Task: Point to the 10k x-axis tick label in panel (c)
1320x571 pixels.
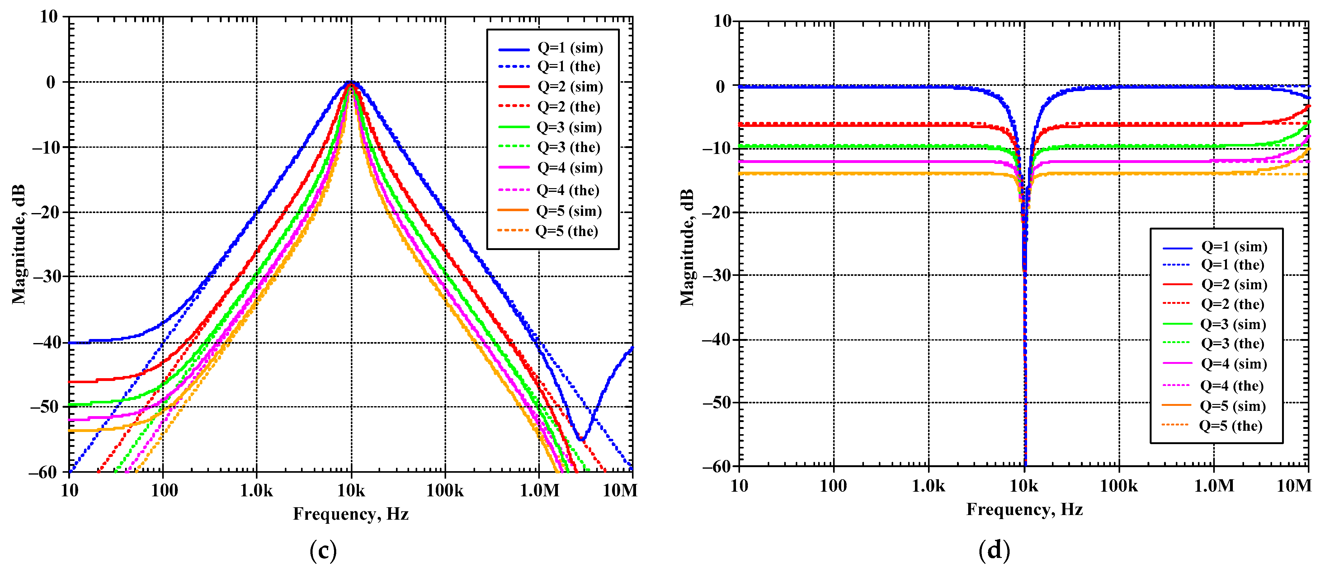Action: click(351, 490)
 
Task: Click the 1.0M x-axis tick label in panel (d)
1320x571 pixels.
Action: click(1214, 485)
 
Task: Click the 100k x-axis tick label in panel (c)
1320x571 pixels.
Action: click(445, 490)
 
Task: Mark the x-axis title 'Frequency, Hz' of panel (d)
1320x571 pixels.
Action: click(1024, 509)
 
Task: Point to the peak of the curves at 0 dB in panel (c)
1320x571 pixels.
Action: click(351, 82)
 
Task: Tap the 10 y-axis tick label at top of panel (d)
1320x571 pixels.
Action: click(723, 21)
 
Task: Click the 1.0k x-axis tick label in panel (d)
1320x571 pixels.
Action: click(928, 485)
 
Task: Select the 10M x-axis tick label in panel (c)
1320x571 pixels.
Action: click(620, 490)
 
